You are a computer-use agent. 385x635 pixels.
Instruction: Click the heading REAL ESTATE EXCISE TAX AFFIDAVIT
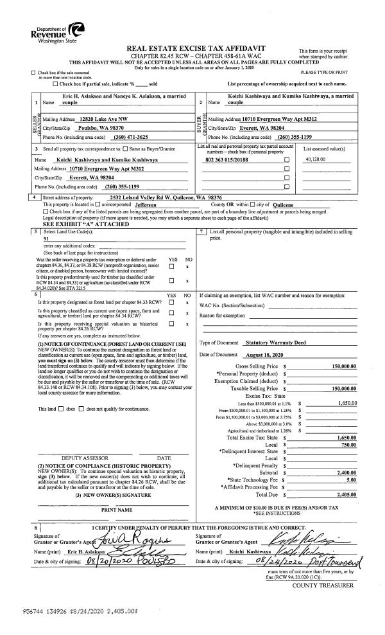tap(196, 49)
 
